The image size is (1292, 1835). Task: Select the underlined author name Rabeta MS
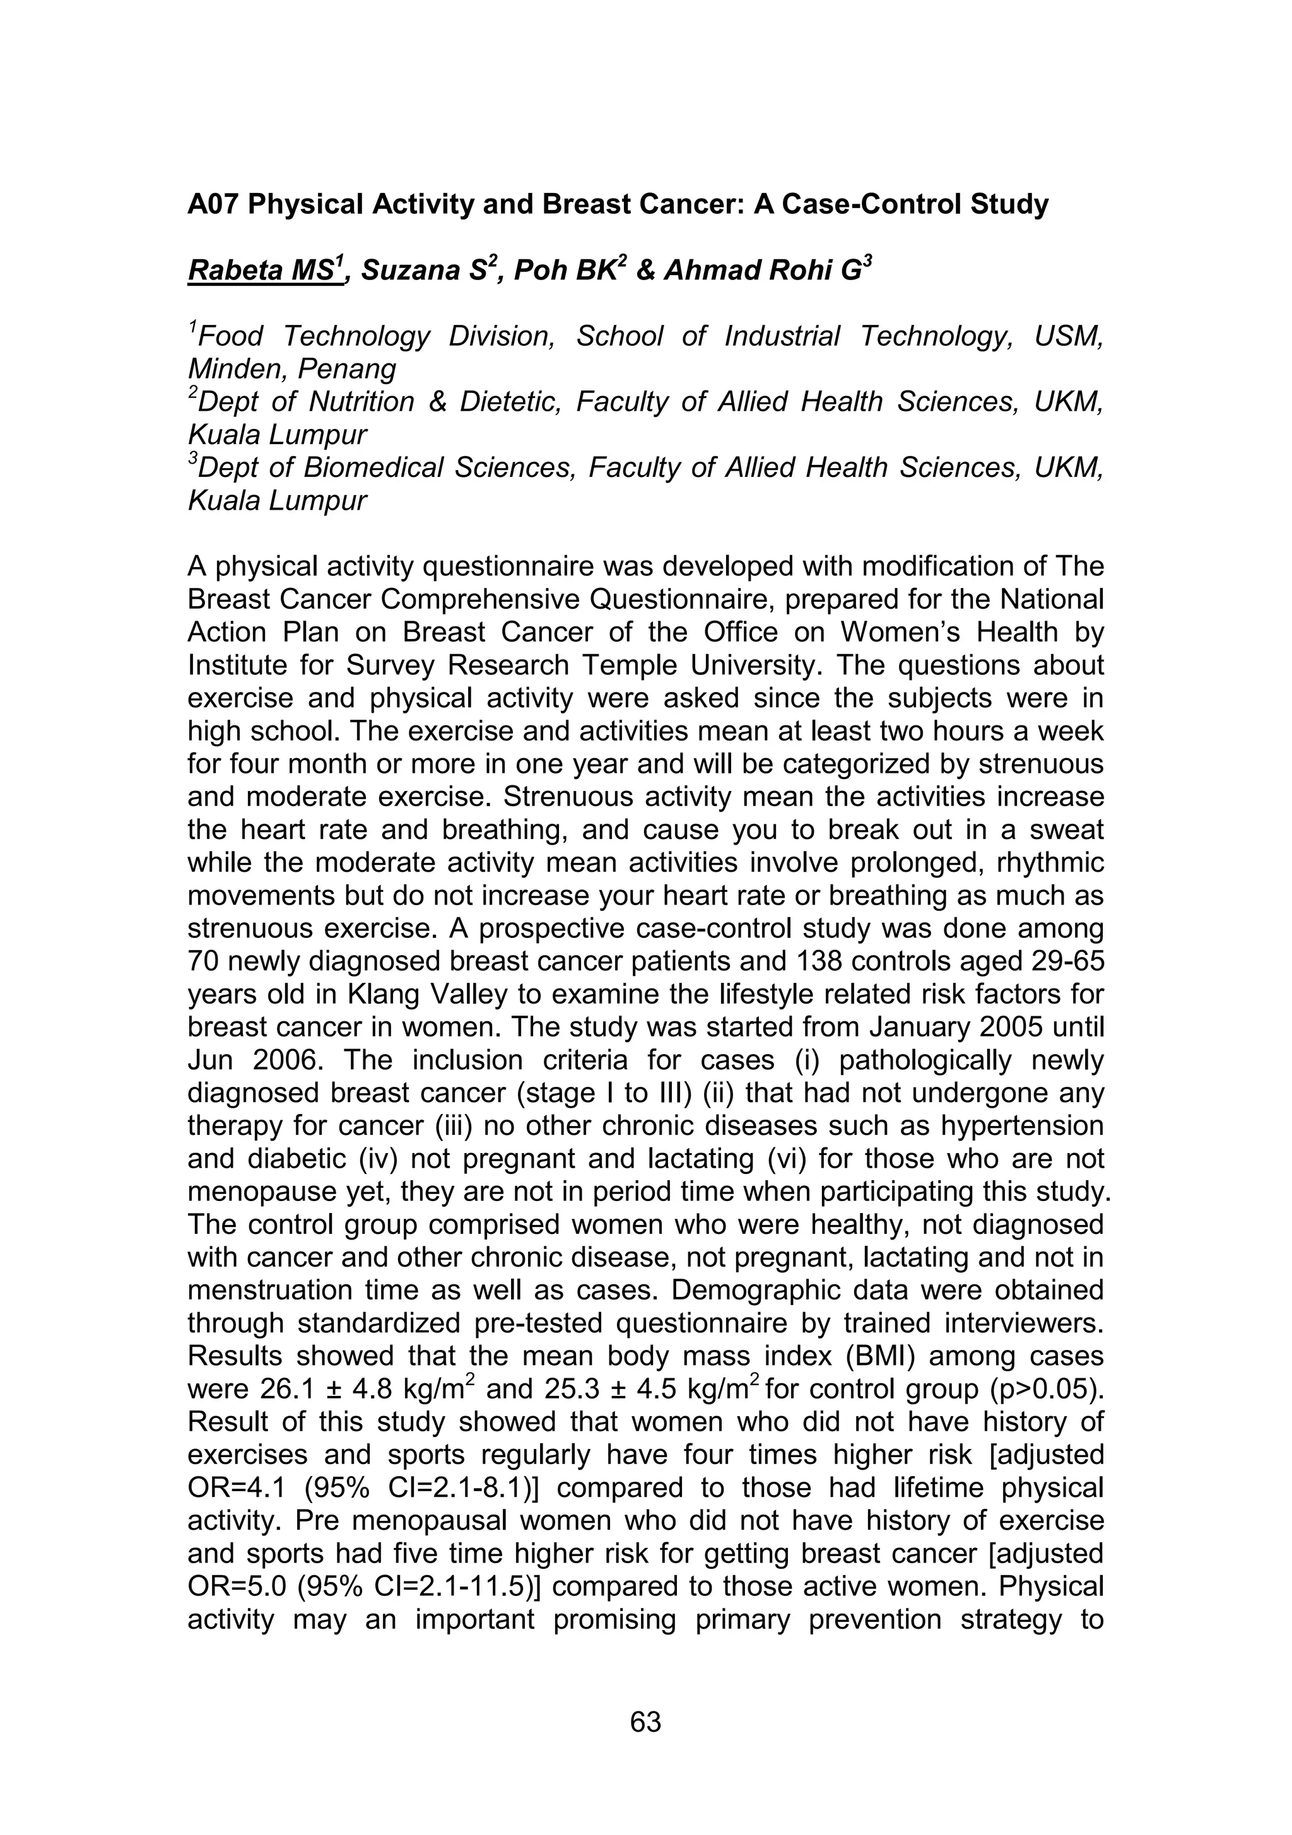(260, 272)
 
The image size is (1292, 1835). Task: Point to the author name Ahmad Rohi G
(760, 272)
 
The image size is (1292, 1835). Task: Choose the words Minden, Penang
(292, 369)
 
